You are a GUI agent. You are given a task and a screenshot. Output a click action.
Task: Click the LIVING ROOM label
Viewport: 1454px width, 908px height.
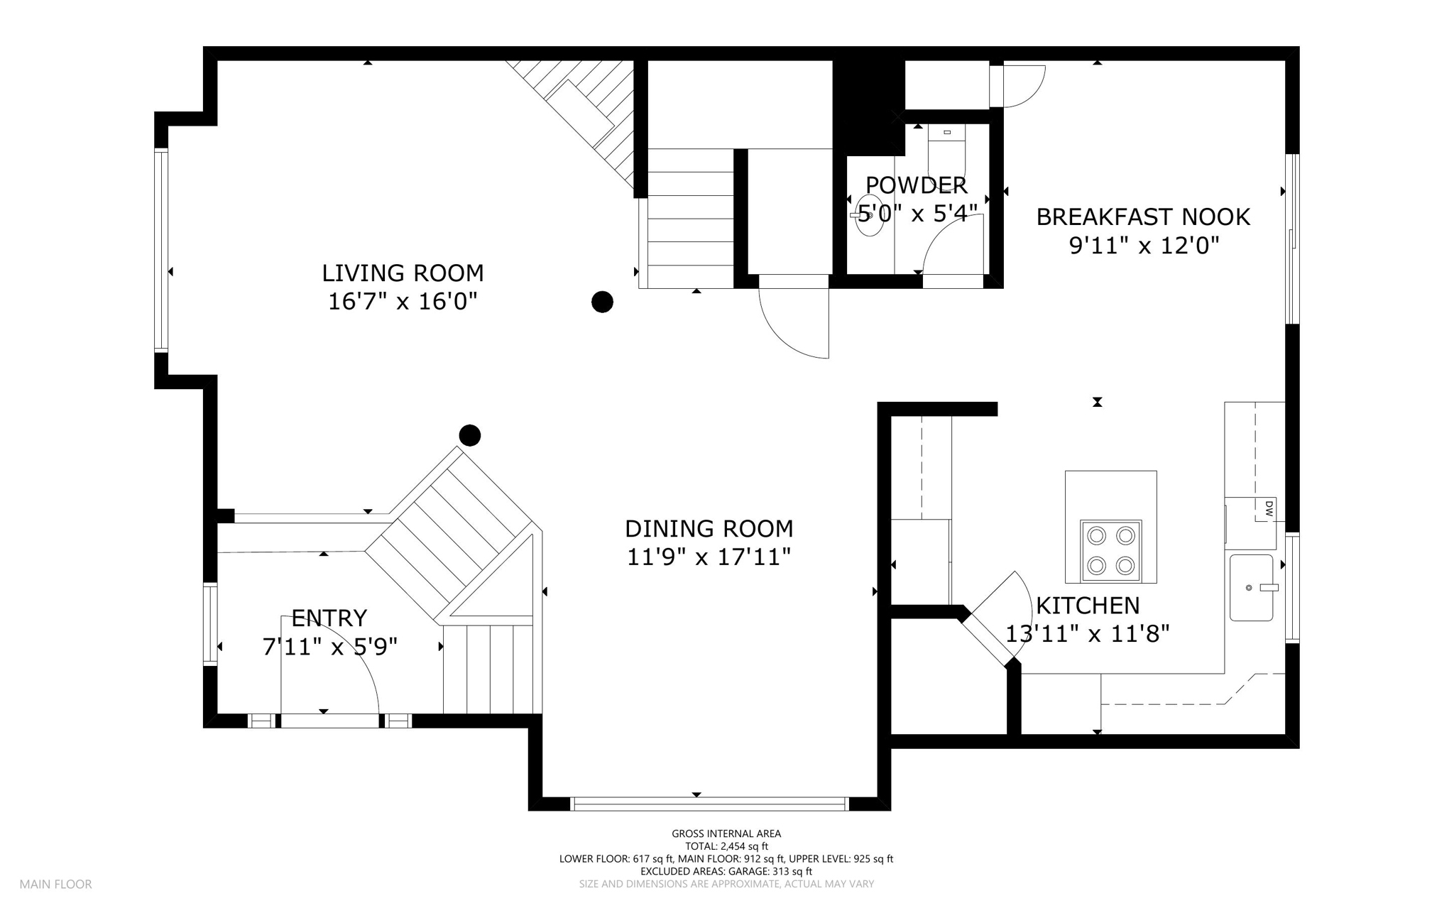click(x=403, y=273)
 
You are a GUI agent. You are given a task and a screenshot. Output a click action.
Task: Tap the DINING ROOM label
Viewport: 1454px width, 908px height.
click(x=709, y=529)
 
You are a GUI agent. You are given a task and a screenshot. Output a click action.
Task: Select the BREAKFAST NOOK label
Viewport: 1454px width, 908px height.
click(x=1143, y=217)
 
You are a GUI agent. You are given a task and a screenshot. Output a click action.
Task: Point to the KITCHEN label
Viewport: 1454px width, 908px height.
click(x=1088, y=606)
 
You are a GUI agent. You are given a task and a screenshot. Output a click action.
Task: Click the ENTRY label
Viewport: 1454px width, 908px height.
click(x=329, y=618)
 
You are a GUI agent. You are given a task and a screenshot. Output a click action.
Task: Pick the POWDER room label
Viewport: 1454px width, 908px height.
click(x=916, y=185)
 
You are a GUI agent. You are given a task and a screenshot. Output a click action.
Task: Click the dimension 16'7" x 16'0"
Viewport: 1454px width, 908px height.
click(x=403, y=302)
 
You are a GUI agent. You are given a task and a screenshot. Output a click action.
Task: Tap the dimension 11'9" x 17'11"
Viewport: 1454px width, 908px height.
click(x=709, y=557)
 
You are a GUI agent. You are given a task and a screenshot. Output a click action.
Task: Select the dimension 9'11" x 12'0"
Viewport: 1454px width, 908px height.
click(x=1144, y=246)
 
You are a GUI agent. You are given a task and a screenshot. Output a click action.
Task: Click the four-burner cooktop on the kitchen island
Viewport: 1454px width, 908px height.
click(x=1111, y=550)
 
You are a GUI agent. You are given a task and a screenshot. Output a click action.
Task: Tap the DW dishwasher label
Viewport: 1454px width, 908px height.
click(x=1268, y=508)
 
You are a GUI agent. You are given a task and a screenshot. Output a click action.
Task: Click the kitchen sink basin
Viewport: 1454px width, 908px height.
click(x=1251, y=588)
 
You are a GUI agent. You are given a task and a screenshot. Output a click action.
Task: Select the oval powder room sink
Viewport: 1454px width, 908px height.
click(x=870, y=215)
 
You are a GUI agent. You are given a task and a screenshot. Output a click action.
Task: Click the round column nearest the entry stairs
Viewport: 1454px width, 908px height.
click(x=470, y=435)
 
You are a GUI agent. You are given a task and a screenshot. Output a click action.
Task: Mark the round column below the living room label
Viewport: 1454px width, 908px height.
click(x=602, y=302)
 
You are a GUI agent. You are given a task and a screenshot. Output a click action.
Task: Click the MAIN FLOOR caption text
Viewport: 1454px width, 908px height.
click(x=55, y=885)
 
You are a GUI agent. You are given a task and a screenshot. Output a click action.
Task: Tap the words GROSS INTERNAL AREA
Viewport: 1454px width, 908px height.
click(x=726, y=834)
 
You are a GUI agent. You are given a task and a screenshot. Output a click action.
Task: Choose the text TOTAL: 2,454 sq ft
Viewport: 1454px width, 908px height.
click(x=726, y=846)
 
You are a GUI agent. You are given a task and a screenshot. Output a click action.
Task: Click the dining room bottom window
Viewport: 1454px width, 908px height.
click(x=709, y=804)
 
